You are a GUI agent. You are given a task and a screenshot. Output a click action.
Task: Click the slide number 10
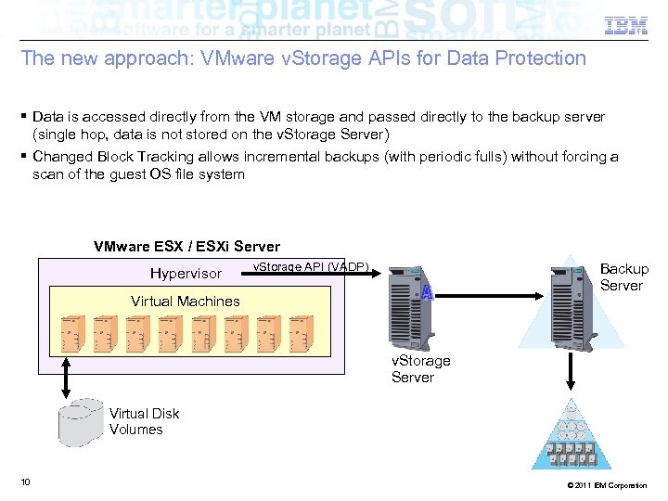coord(25,482)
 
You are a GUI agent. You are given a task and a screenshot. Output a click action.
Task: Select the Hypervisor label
coord(186,274)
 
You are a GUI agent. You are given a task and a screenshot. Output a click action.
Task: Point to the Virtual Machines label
coord(186,301)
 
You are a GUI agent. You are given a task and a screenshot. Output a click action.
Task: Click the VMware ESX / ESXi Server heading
coord(186,247)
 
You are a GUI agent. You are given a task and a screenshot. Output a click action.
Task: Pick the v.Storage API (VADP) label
coord(311,267)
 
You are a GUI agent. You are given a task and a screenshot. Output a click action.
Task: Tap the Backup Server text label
coord(623,277)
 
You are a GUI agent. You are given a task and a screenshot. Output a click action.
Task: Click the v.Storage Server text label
coord(420,368)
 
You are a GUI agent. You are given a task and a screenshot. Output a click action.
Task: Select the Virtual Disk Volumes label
coord(144,421)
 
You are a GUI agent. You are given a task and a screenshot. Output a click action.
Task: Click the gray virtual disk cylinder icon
coord(81,422)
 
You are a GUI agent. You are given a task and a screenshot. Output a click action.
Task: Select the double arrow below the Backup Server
coord(571,370)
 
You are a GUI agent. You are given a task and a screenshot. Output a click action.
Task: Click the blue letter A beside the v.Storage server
coord(427,293)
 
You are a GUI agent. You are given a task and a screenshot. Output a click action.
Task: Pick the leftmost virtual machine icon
coord(73,332)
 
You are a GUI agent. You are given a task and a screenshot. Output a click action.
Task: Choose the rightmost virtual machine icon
coord(300,332)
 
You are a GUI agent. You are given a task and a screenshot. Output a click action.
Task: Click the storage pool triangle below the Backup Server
coord(572,436)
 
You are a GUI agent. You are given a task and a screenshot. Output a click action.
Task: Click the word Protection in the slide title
coord(541,58)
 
